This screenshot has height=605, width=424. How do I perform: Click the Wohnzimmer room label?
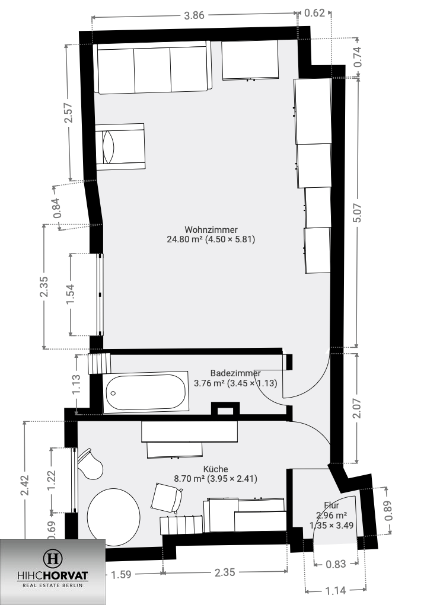(211, 230)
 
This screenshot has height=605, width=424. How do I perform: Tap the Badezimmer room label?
(235, 373)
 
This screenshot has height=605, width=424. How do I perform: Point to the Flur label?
(331, 505)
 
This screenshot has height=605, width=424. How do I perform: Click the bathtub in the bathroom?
(146, 392)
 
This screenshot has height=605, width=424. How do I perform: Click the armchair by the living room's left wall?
(120, 146)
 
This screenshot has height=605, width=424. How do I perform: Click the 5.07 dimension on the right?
(357, 212)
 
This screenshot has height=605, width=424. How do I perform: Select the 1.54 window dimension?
(71, 295)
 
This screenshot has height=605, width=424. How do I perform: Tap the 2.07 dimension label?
(357, 409)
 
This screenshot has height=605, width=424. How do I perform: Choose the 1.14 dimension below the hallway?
(336, 590)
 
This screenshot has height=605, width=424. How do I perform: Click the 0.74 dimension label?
(358, 56)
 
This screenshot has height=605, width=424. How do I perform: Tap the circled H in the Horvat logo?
(52, 558)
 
